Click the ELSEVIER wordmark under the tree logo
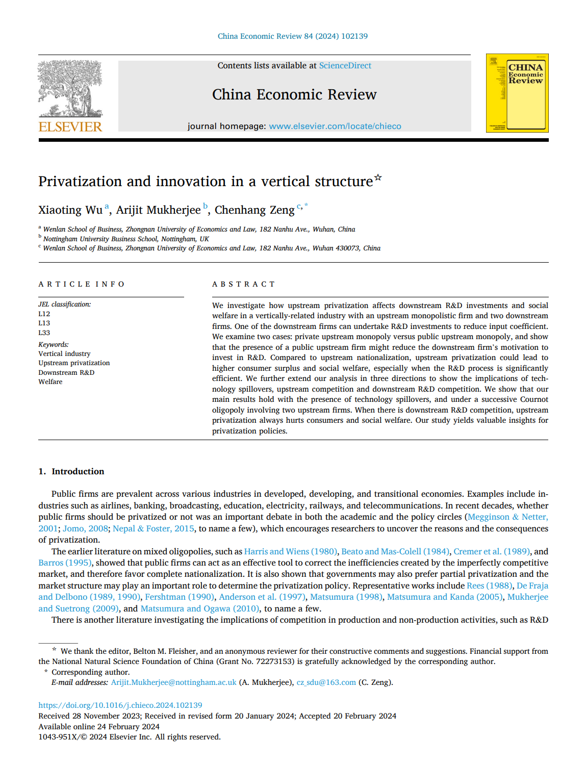(x=70, y=126)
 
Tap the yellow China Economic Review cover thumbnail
(x=517, y=93)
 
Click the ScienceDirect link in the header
(x=345, y=66)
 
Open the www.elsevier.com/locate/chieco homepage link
(x=335, y=126)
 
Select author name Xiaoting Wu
(x=70, y=210)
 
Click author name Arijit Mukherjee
(x=158, y=210)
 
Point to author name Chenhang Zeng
(x=254, y=210)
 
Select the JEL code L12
(x=44, y=314)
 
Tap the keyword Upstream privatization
(x=74, y=363)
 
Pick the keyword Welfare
(x=50, y=381)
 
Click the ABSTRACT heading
(x=243, y=284)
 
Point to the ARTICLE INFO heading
(x=82, y=284)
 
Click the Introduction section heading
(x=78, y=471)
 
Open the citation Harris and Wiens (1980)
(x=290, y=551)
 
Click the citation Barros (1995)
(x=65, y=563)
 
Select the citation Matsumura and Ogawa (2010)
(x=200, y=608)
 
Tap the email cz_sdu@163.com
(x=326, y=682)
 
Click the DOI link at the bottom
(x=120, y=705)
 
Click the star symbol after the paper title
(x=378, y=177)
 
